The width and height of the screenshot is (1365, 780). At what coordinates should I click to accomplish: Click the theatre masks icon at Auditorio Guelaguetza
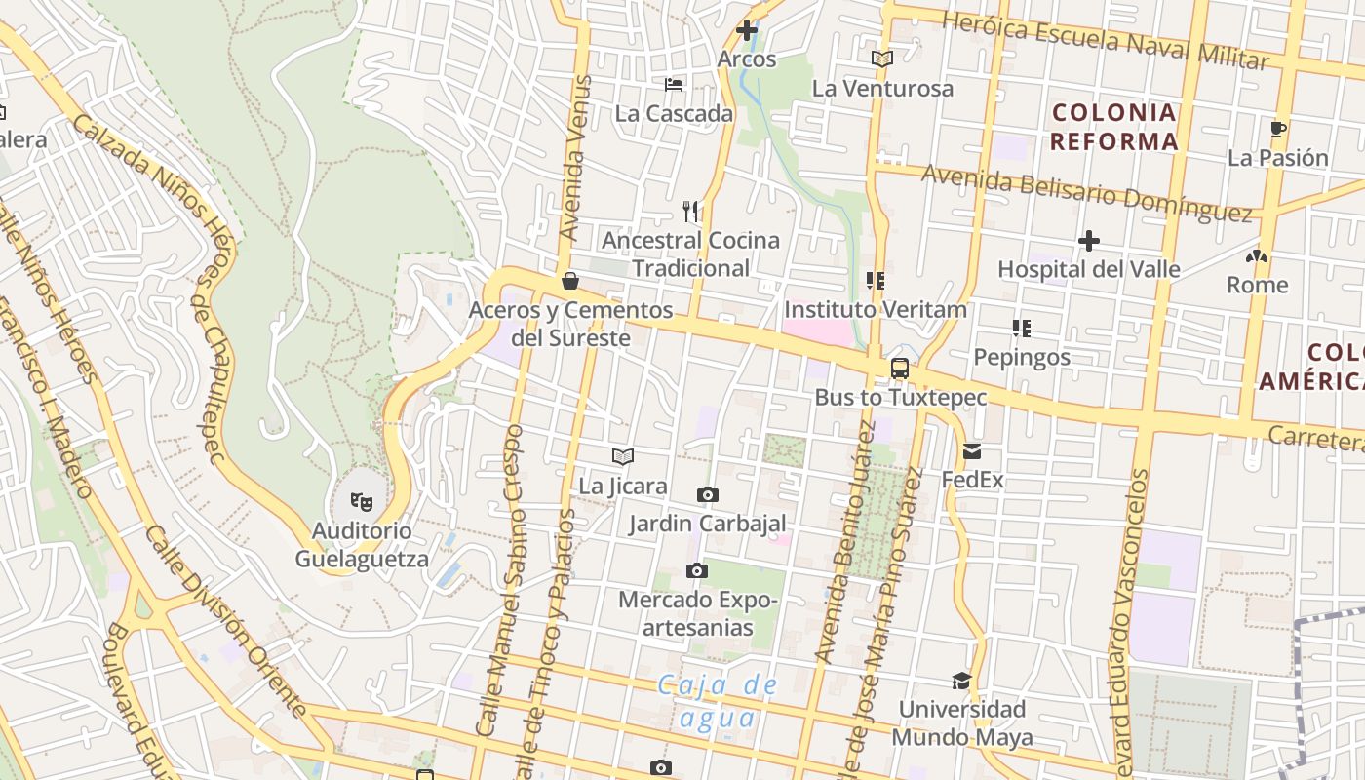click(362, 502)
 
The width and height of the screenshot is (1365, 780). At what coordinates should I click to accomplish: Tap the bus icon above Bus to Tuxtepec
click(900, 369)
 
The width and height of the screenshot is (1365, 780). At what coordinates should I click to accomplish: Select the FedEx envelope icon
click(972, 451)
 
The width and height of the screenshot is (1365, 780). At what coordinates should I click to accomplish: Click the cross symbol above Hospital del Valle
click(1089, 240)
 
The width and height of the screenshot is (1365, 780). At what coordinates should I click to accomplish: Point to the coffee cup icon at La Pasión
click(1278, 129)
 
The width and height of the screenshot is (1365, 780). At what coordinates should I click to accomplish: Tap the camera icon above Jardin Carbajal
click(708, 495)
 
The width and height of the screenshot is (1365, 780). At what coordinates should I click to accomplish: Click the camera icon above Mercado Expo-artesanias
click(696, 570)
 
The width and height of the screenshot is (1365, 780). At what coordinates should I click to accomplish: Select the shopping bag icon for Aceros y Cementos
click(570, 282)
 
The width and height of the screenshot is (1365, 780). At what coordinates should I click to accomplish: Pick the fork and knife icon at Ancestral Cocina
click(690, 211)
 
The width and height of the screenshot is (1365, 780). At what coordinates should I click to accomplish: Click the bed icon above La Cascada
click(674, 85)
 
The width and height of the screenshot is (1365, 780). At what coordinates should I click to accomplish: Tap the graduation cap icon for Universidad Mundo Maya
click(962, 681)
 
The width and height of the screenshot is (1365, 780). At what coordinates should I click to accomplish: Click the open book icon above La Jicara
click(623, 456)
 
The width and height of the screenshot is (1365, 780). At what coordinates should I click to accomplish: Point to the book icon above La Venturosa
click(882, 59)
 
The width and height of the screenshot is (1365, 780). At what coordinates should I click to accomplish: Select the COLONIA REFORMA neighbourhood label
click(1114, 127)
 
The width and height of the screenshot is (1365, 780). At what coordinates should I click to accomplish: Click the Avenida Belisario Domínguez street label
click(1086, 192)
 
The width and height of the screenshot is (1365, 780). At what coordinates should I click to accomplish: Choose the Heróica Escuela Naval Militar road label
click(1106, 40)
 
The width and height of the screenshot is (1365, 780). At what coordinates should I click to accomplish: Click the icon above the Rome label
click(1257, 257)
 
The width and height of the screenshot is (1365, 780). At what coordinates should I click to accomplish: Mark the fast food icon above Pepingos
click(1022, 328)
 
